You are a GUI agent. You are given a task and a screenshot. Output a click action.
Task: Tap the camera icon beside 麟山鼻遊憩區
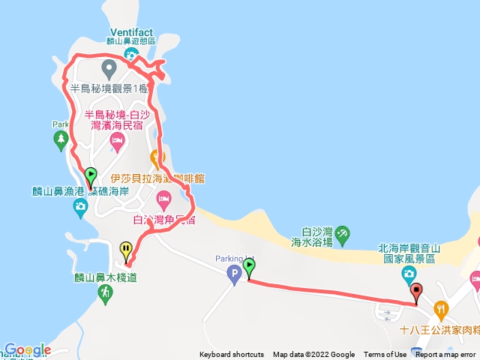point(130,54)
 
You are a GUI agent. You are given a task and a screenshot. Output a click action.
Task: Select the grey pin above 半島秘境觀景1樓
point(109,71)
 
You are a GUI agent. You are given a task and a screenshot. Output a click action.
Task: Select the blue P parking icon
point(234,274)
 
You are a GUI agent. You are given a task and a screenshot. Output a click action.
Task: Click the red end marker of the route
point(416,292)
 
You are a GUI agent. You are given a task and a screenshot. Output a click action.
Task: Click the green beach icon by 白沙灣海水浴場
point(343,233)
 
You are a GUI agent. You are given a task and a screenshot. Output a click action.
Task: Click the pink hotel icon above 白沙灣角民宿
point(163,200)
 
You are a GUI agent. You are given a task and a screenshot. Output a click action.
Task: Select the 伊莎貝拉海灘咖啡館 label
point(157,179)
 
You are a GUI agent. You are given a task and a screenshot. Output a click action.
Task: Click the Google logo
point(27,350)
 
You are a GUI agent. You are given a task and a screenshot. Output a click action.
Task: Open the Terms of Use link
point(385,355)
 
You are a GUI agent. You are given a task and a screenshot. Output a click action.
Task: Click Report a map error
point(446,355)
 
